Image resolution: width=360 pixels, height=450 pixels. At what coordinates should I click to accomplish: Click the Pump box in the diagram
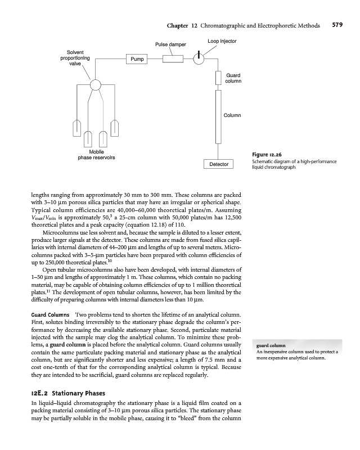pyautogui.click(x=138, y=58)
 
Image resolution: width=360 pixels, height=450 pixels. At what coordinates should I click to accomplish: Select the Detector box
pyautogui.click(x=219, y=164)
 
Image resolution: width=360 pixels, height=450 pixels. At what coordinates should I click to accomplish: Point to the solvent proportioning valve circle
pyautogui.click(x=95, y=85)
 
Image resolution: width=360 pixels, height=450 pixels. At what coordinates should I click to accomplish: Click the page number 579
pyautogui.click(x=337, y=25)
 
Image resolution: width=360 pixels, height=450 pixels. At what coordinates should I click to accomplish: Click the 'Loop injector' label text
pyautogui.click(x=222, y=41)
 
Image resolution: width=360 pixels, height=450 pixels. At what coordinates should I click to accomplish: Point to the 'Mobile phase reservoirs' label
pyautogui.click(x=96, y=154)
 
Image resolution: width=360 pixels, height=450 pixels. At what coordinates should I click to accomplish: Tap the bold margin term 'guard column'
pyautogui.click(x=271, y=345)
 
